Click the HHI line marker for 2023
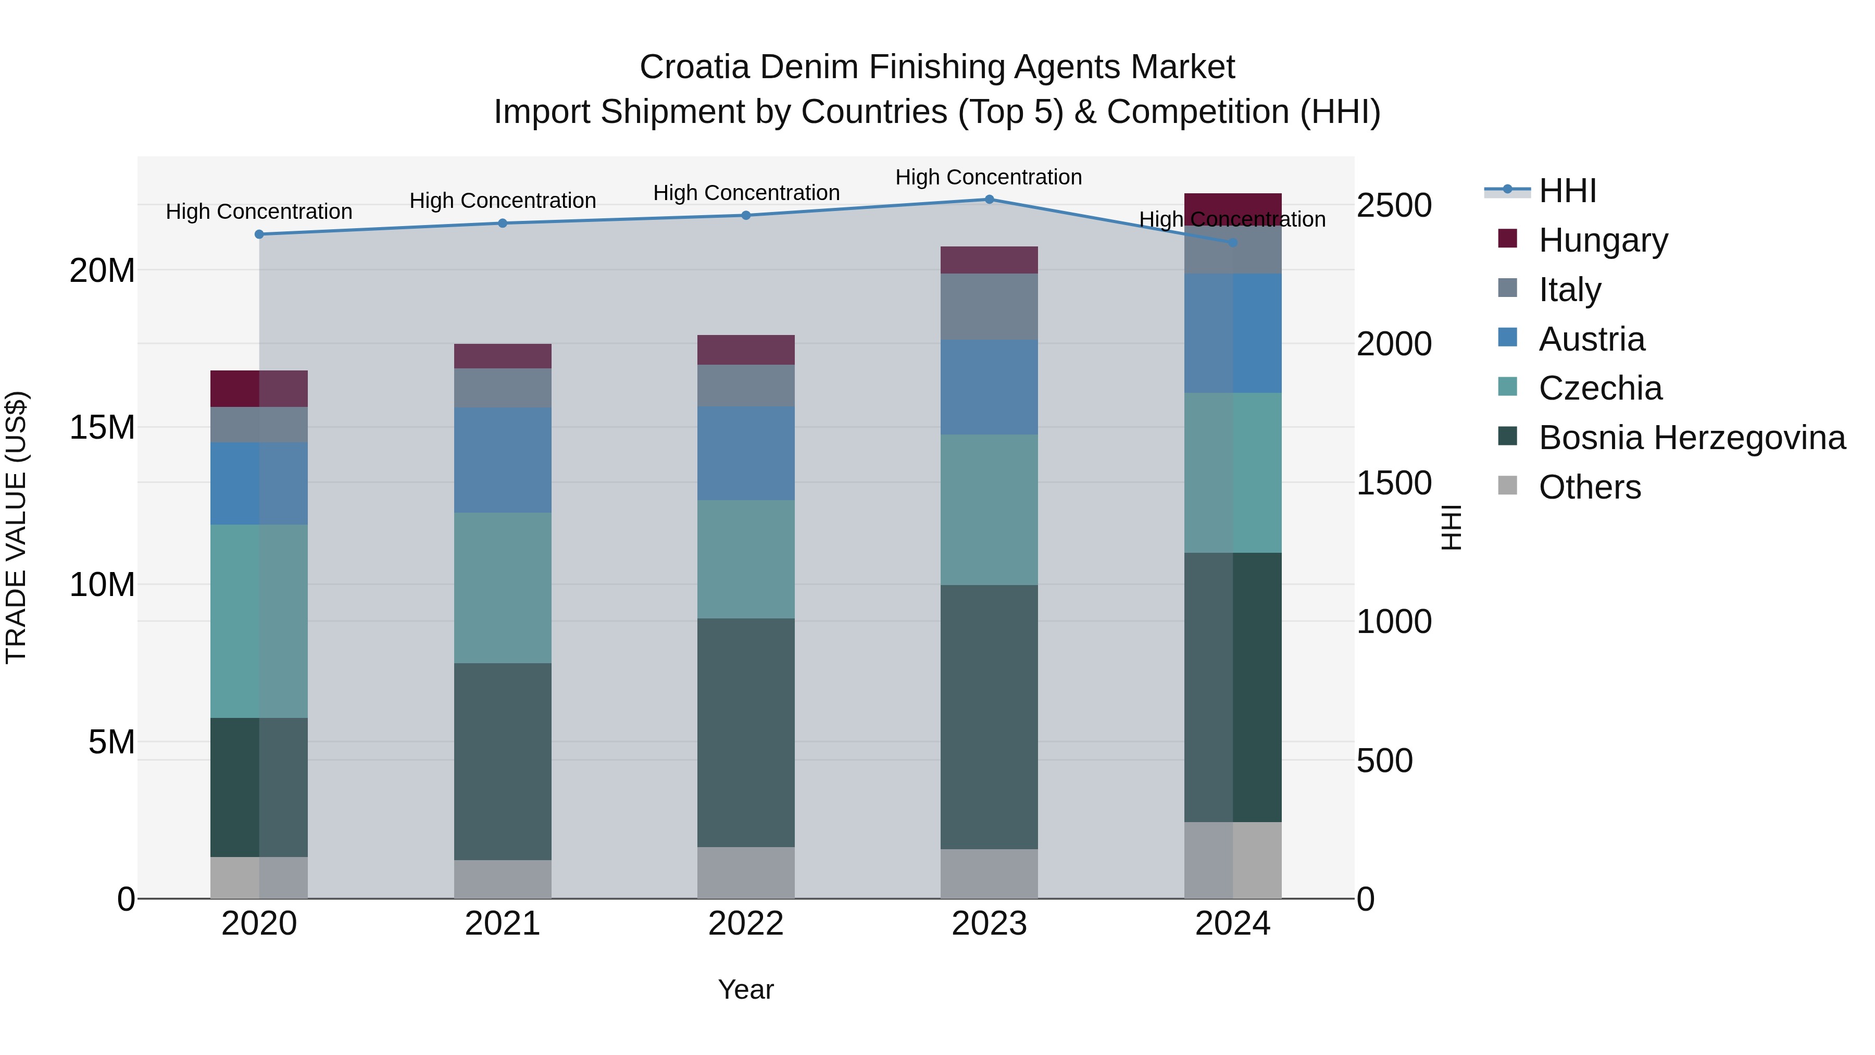click(989, 200)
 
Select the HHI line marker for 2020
click(259, 234)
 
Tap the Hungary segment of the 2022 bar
click(745, 350)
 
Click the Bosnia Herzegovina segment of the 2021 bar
click(502, 762)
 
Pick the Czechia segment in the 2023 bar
click(989, 510)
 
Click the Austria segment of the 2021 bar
click(502, 460)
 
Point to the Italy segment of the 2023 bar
click(989, 306)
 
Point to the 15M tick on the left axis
click(102, 427)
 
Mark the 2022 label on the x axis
click(745, 924)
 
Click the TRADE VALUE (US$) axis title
click(16, 527)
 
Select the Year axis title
click(745, 989)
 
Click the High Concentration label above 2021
click(502, 200)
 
